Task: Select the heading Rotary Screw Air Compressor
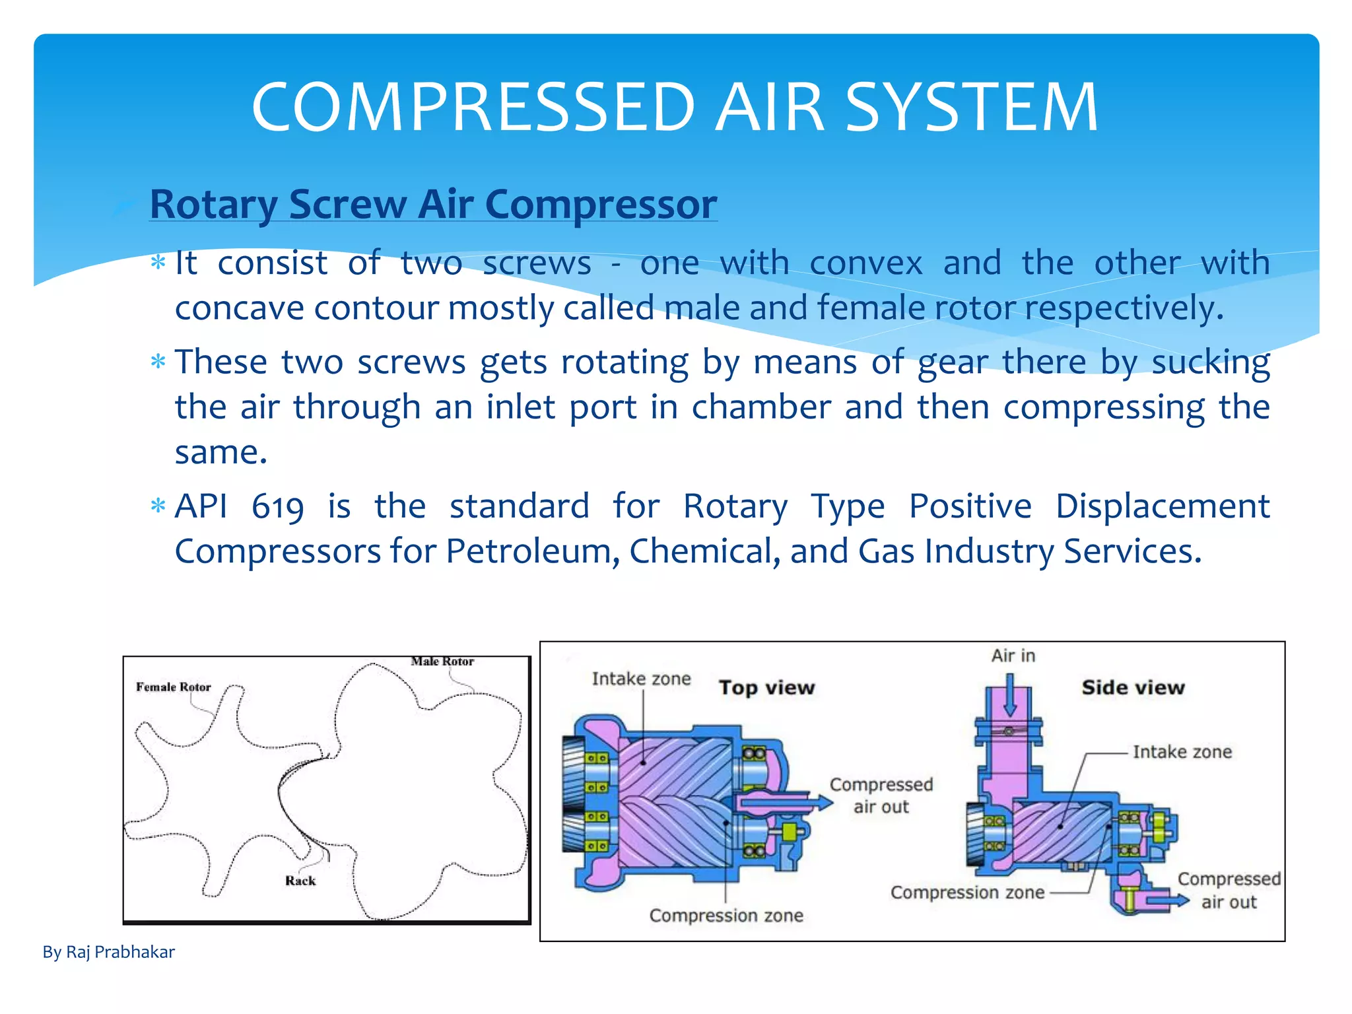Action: (x=433, y=204)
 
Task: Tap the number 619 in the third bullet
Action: (x=277, y=507)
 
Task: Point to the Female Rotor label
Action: (x=173, y=687)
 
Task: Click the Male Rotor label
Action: (x=442, y=661)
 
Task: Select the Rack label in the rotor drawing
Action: (x=300, y=881)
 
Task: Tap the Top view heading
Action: (x=766, y=688)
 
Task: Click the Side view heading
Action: (x=1133, y=688)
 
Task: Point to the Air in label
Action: (x=1013, y=656)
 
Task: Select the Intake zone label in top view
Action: (x=641, y=679)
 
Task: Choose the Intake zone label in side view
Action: (x=1182, y=752)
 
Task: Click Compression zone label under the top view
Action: (x=726, y=916)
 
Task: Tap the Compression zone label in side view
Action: (x=967, y=893)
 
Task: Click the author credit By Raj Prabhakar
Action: (x=108, y=952)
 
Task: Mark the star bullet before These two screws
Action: (x=158, y=362)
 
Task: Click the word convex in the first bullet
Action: (x=865, y=263)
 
